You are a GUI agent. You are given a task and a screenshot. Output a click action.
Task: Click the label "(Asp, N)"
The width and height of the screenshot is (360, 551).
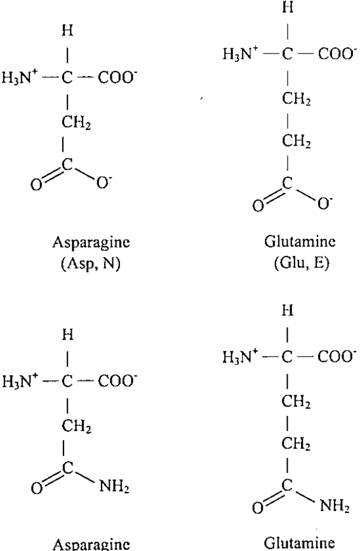[x=91, y=264]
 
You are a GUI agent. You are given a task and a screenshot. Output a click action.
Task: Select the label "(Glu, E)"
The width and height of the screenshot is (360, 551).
[x=302, y=263]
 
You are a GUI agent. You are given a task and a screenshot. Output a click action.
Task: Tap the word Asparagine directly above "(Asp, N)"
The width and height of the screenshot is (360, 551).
[x=91, y=243]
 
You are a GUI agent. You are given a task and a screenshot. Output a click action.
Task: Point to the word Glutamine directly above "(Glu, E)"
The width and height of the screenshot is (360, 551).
[x=300, y=241]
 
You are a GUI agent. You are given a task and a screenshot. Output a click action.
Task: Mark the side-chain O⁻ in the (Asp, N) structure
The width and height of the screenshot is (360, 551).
[x=103, y=183]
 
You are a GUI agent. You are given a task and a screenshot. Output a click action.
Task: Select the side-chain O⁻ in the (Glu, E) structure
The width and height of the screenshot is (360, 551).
[x=324, y=204]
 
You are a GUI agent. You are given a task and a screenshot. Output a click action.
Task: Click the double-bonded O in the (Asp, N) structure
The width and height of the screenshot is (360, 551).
[x=36, y=185]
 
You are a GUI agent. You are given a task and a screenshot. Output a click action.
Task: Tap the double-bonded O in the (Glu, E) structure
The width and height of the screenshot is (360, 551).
[x=258, y=206]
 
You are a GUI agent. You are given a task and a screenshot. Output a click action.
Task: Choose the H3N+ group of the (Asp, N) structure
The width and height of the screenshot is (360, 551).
[x=20, y=77]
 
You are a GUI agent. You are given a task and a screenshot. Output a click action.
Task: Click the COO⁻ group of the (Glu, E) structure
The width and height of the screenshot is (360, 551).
[x=335, y=54]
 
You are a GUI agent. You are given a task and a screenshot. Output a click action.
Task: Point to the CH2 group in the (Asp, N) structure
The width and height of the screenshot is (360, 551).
[x=76, y=123]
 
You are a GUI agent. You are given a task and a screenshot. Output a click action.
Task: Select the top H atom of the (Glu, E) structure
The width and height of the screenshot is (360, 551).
[x=288, y=7]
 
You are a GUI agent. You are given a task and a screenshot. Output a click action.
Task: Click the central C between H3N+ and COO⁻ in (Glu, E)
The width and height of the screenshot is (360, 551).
[x=287, y=54]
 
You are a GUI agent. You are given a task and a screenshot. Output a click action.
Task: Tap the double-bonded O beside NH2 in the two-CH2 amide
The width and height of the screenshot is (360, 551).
[x=258, y=508]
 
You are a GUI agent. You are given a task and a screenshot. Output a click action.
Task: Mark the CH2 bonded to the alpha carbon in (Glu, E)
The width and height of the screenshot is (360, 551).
[x=297, y=100]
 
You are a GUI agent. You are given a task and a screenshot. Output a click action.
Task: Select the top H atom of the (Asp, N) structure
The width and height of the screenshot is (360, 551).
[x=67, y=31]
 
